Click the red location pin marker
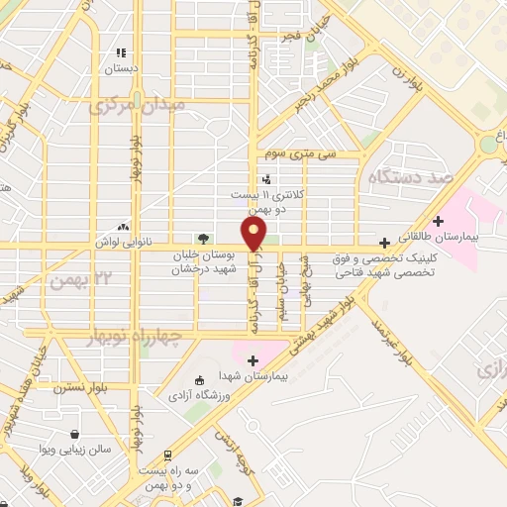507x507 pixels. click(254, 234)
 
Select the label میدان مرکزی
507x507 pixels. click(152, 104)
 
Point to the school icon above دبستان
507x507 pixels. click(121, 52)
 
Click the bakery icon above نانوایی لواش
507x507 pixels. click(123, 227)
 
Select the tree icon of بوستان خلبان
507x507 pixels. click(203, 238)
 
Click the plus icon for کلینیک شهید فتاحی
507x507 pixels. click(384, 242)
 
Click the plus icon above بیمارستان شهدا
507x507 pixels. click(253, 360)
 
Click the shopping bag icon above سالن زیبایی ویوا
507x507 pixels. click(75, 434)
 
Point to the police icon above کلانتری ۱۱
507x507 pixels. click(265, 179)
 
